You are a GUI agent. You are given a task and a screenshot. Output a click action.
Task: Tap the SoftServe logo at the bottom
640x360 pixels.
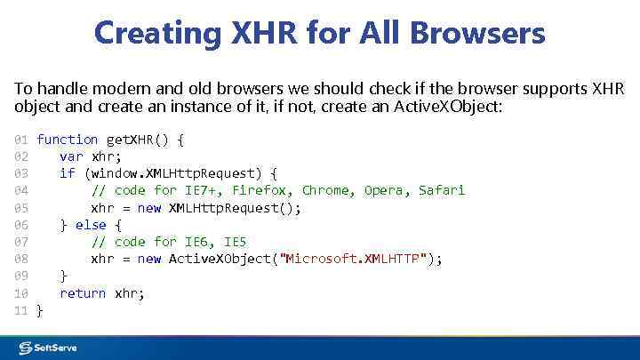(x=49, y=348)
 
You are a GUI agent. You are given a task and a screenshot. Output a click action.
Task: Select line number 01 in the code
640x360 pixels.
(x=22, y=140)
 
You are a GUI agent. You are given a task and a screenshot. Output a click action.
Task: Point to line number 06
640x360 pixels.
(x=22, y=225)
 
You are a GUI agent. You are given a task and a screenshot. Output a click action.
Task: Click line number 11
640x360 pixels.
(x=22, y=310)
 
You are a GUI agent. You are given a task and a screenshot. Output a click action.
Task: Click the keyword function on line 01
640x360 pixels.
(x=68, y=140)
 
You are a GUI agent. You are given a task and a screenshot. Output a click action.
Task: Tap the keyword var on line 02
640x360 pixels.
(x=71, y=156)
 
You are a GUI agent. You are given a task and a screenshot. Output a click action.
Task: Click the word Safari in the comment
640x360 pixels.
(x=442, y=190)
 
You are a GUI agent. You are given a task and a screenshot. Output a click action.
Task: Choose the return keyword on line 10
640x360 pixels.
(x=83, y=293)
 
